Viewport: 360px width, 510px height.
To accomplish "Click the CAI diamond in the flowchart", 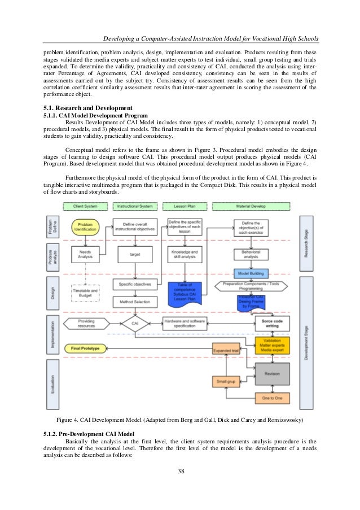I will [135, 324].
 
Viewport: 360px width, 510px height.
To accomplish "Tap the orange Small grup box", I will [225, 382].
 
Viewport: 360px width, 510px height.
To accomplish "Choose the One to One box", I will [272, 398].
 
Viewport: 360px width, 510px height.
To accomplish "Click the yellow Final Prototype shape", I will [85, 348].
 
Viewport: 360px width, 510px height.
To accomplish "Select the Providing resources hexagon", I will [86, 324].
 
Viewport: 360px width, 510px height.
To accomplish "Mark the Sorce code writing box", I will [272, 324].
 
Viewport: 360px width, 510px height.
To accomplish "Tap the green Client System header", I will [85, 207].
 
